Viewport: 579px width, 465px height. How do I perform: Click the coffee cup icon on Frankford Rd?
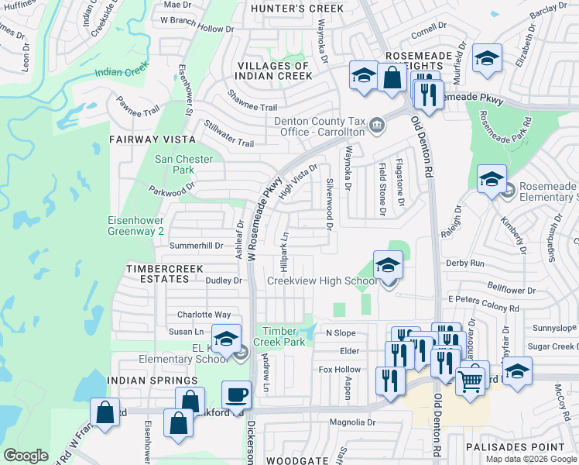(x=237, y=395)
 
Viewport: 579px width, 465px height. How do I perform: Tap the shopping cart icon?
(x=471, y=380)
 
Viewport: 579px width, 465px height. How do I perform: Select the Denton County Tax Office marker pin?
(x=376, y=124)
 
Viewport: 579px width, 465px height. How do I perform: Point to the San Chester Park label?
(x=174, y=164)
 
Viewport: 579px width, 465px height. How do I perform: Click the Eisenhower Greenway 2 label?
(x=136, y=225)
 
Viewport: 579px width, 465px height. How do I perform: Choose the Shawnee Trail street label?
(x=252, y=101)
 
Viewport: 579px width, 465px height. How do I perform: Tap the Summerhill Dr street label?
(x=196, y=246)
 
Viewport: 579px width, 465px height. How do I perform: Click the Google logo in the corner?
(x=26, y=456)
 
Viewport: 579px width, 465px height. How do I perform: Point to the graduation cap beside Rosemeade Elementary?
(x=492, y=179)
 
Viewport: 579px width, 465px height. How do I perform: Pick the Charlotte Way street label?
(x=204, y=315)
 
